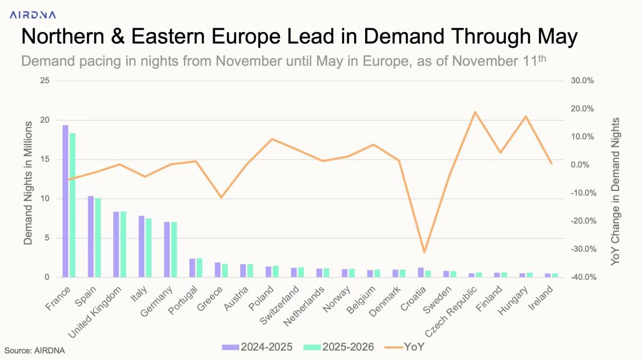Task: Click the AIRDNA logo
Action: tap(33, 15)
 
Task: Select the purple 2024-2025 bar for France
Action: tap(65, 201)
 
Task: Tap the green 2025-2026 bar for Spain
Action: tap(98, 238)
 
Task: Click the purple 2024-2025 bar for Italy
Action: tap(141, 246)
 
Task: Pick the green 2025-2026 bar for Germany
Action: tap(174, 249)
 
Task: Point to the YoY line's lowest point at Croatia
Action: tap(424, 252)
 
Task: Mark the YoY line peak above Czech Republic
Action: tap(474, 112)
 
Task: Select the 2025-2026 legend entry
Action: tap(344, 347)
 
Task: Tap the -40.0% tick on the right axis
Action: tap(582, 277)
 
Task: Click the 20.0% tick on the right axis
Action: tap(582, 109)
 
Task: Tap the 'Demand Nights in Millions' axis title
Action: tap(28, 183)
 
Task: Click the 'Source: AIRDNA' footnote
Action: tap(35, 350)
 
